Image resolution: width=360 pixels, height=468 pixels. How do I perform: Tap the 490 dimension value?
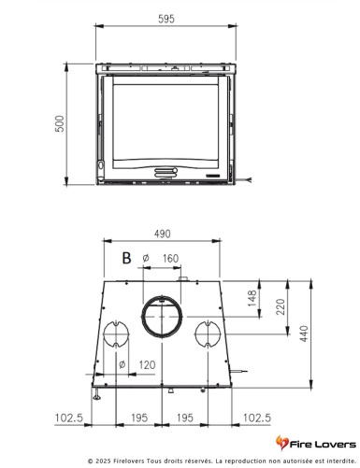point(163,234)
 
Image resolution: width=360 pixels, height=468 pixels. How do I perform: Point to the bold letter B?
point(125,258)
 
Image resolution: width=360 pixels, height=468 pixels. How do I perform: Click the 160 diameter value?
point(170,259)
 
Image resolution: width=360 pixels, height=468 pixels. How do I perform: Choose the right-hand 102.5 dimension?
point(257,417)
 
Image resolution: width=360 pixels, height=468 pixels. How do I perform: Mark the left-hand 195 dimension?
point(138,417)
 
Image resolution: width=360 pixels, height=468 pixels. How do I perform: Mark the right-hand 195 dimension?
point(185,417)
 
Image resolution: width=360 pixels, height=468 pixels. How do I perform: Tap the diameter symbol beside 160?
point(146,259)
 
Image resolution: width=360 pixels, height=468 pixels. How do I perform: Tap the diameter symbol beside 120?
point(122,364)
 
